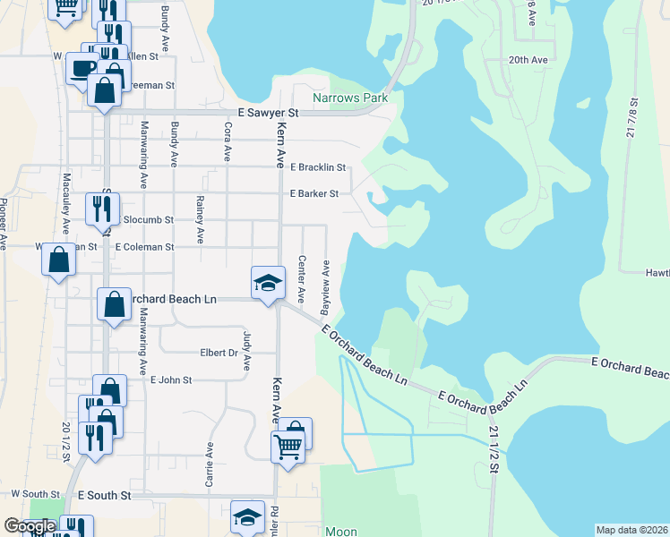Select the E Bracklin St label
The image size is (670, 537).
click(x=317, y=167)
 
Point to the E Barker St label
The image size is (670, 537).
click(x=314, y=193)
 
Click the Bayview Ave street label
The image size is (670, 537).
click(x=327, y=280)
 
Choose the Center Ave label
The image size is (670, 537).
click(x=302, y=277)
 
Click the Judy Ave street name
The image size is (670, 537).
click(x=247, y=351)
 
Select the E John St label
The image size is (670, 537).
click(x=171, y=380)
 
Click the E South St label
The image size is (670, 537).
click(x=104, y=494)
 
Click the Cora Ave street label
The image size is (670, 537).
click(x=227, y=142)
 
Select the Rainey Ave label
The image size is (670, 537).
click(x=200, y=222)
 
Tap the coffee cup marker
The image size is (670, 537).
click(x=82, y=68)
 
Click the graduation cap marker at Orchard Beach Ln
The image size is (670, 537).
click(x=267, y=283)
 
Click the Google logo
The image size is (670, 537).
click(x=29, y=526)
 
